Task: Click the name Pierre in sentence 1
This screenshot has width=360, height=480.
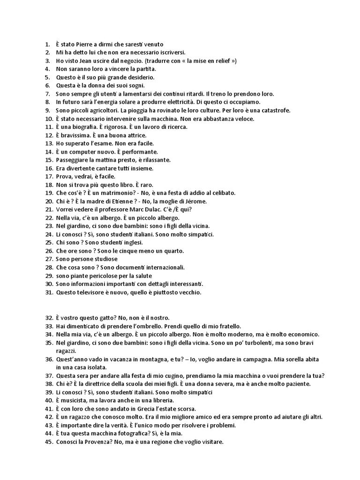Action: [x=85, y=44]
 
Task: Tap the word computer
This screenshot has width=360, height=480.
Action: [x=82, y=151]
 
